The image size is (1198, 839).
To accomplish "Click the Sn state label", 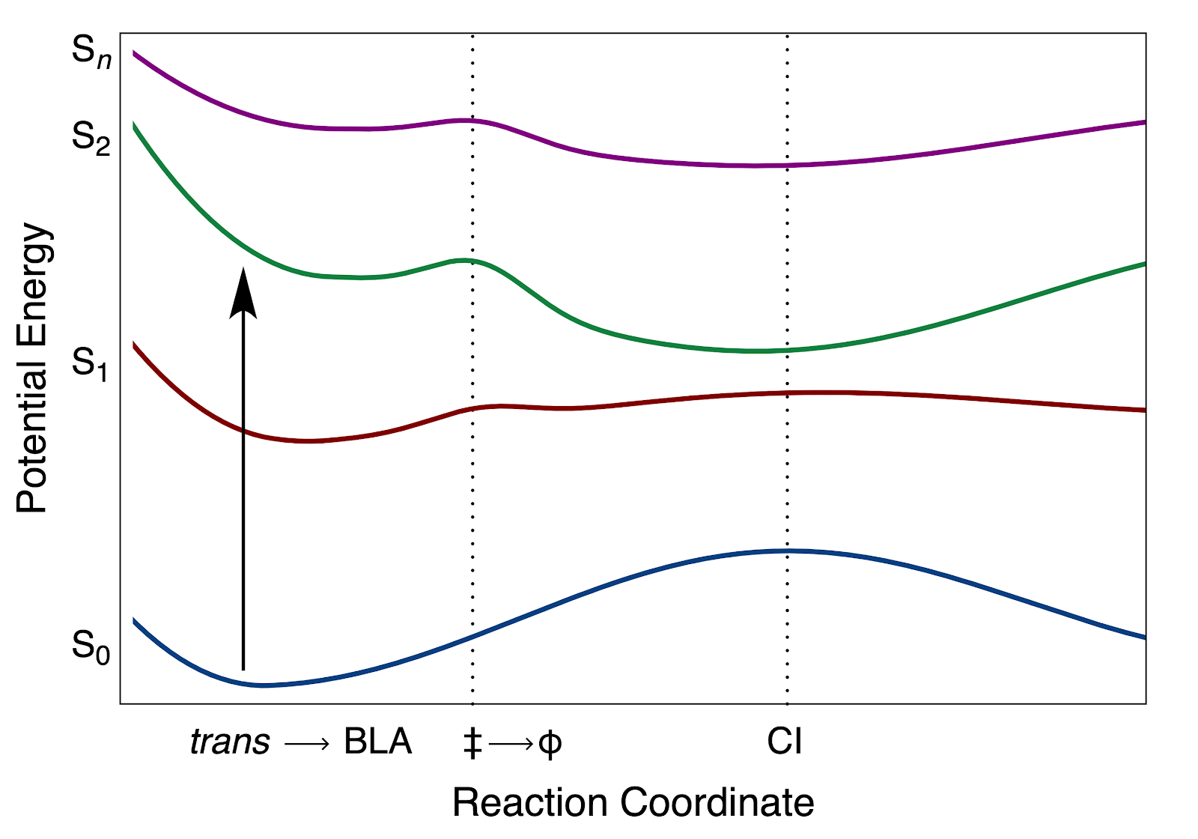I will coord(91,53).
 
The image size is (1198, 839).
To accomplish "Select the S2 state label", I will coord(91,139).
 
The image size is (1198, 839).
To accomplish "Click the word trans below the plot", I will coord(230,742).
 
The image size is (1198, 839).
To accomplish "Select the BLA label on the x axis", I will coord(377,742).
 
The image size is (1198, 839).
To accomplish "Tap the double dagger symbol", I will coord(472,743).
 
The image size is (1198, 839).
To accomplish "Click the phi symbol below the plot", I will coord(550,744).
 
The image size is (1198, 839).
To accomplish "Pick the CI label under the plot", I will coord(785,742).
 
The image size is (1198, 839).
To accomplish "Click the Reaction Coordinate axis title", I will coord(633,803).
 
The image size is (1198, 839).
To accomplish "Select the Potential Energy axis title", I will coord(33,367).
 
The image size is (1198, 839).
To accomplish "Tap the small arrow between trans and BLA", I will coord(307,744).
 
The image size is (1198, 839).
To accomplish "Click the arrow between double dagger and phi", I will coord(511,744).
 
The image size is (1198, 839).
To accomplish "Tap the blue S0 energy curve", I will coord(599,588).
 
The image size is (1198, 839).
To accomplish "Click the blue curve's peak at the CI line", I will coord(787,551).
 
